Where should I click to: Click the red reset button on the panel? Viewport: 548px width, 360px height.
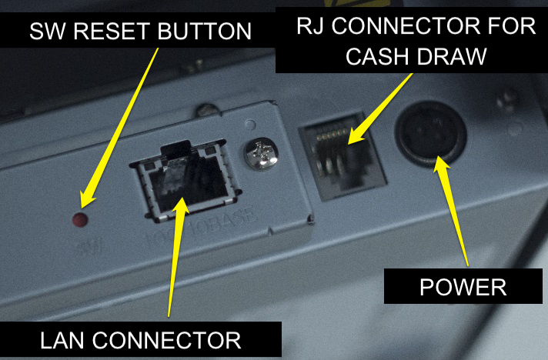(x=79, y=221)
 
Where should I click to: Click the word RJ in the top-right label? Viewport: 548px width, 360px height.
(x=312, y=26)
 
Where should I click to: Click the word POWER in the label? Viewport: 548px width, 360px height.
(x=463, y=288)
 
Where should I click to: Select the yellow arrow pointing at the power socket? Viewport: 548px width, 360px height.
(x=453, y=208)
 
